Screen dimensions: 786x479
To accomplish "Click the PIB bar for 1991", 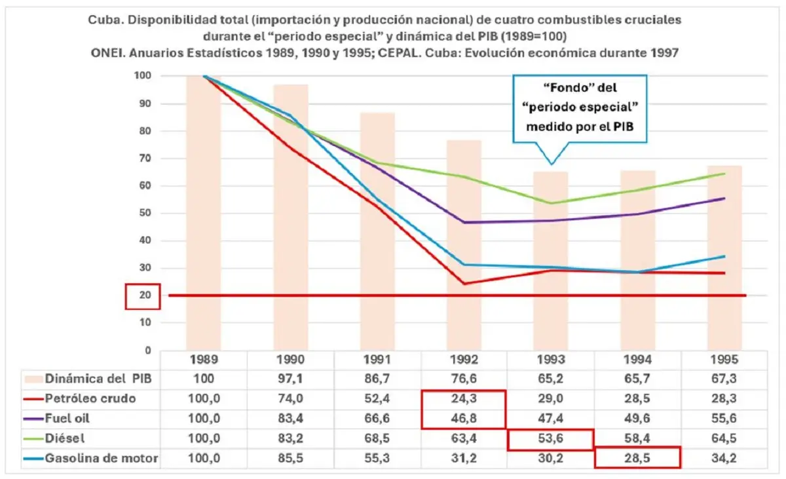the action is point(377,231).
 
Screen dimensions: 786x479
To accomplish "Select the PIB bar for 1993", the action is point(551,261).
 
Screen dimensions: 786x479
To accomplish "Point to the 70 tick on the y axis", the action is point(145,159).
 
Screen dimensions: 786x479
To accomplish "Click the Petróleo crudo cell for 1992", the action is point(464,398).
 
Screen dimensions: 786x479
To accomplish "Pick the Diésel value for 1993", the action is point(550,438).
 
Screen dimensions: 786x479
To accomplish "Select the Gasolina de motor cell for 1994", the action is point(637,458).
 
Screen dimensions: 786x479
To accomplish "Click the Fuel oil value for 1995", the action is point(724,418).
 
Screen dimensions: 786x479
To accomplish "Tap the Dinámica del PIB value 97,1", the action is point(290,379).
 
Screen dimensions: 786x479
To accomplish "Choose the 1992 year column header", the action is point(464,360).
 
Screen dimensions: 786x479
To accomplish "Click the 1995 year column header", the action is point(724,360).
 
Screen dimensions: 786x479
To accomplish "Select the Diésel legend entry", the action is point(54,438).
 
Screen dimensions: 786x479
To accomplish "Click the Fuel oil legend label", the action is point(67,418).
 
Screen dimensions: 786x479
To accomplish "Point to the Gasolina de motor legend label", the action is point(102,458).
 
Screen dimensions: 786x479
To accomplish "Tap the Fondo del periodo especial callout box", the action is point(580,109).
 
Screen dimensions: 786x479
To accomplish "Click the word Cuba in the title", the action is point(104,20).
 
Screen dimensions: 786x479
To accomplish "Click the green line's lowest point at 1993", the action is point(552,203).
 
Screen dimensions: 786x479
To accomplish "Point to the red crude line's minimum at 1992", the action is point(464,284).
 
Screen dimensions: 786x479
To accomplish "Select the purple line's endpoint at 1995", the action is point(724,199).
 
